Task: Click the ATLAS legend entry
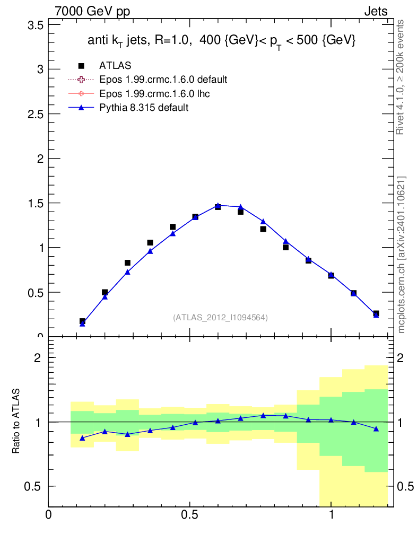click(115, 66)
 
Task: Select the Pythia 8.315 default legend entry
click(144, 108)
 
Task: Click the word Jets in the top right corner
click(376, 12)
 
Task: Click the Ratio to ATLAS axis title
click(16, 422)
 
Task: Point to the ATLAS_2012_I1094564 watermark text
click(220, 318)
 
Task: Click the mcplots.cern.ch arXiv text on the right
click(402, 255)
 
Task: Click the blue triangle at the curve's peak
click(218, 205)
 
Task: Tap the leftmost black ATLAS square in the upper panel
click(82, 321)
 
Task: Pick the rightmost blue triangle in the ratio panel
click(376, 428)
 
